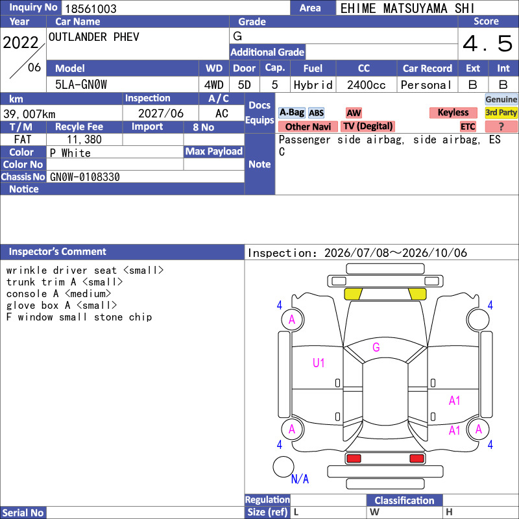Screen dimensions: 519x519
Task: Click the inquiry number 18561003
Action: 91,8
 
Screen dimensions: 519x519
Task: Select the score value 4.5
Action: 487,43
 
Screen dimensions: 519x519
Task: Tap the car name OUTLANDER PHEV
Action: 94,37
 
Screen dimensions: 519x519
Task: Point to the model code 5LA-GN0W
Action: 81,85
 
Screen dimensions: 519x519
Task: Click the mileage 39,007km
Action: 29,114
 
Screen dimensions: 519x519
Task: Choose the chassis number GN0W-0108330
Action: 85,177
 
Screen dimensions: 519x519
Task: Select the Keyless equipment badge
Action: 453,112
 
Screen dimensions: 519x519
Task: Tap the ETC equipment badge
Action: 468,127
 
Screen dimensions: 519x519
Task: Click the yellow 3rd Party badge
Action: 501,112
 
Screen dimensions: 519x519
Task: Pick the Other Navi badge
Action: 308,127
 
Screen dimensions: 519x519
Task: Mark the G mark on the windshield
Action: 376,347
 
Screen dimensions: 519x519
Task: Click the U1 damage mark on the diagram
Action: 319,363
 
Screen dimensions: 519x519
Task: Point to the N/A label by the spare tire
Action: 300,479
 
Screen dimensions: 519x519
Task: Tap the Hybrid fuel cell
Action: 313,85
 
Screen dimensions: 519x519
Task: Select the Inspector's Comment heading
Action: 58,252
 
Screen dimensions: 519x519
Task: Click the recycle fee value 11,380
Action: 84,139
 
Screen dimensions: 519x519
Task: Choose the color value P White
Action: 70,153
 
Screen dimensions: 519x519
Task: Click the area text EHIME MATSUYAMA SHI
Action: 407,8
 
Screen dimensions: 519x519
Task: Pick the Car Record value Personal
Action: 426,85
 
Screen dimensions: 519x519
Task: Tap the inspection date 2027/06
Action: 161,114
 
